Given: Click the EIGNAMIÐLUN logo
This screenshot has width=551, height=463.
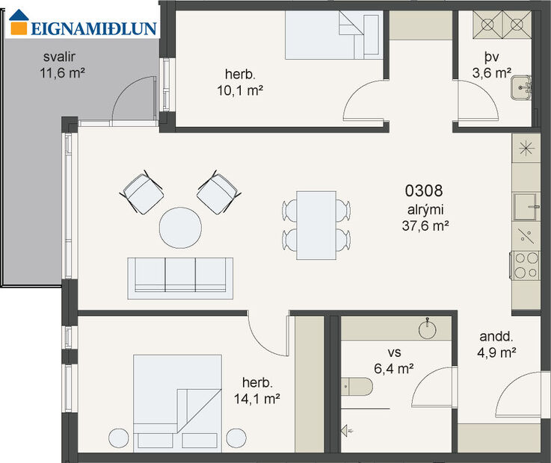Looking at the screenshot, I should click(x=81, y=28).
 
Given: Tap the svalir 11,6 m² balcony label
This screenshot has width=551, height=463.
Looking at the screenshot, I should click(x=60, y=65).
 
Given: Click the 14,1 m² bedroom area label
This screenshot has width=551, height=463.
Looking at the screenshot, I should click(x=256, y=391).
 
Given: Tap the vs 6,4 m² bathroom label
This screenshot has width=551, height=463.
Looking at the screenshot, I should click(x=394, y=360).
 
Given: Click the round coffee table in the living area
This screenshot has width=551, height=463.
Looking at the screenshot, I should click(x=180, y=227).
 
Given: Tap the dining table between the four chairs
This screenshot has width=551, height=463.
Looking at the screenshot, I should click(x=315, y=225).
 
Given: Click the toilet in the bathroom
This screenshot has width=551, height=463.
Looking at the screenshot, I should click(x=357, y=388).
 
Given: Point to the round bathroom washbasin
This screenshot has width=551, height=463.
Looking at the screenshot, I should click(x=429, y=329).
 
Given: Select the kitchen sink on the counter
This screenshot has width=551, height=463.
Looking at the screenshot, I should click(x=526, y=204).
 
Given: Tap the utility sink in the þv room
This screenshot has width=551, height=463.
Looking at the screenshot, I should click(x=520, y=87).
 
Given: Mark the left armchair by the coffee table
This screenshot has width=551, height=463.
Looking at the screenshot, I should click(x=141, y=193).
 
